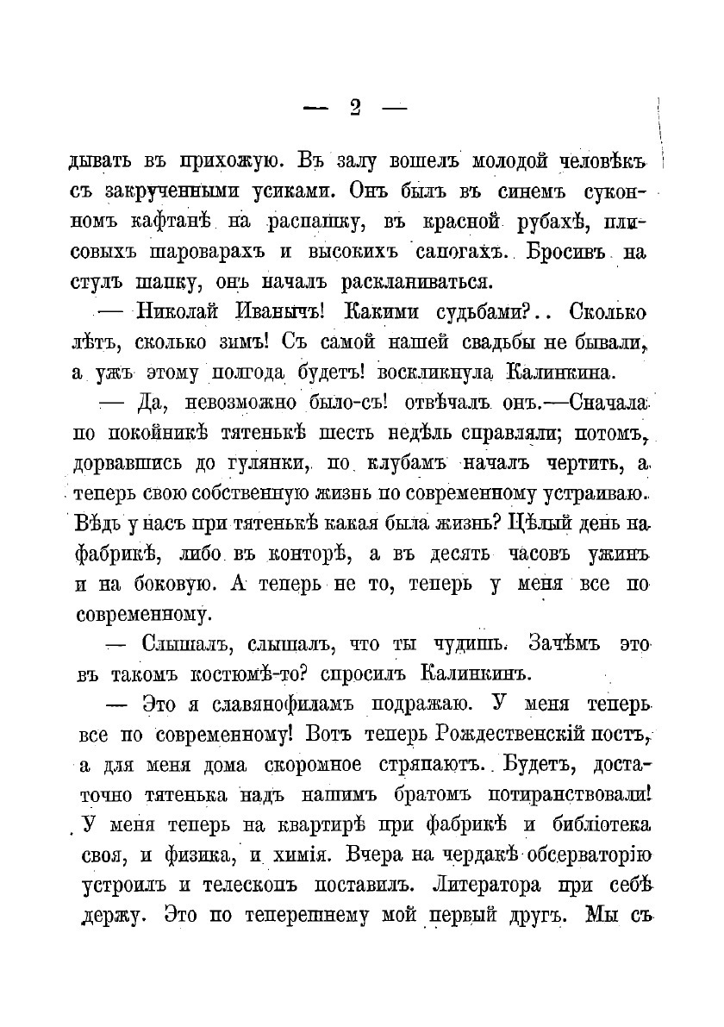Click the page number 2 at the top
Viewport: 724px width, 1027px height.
click(x=355, y=107)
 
